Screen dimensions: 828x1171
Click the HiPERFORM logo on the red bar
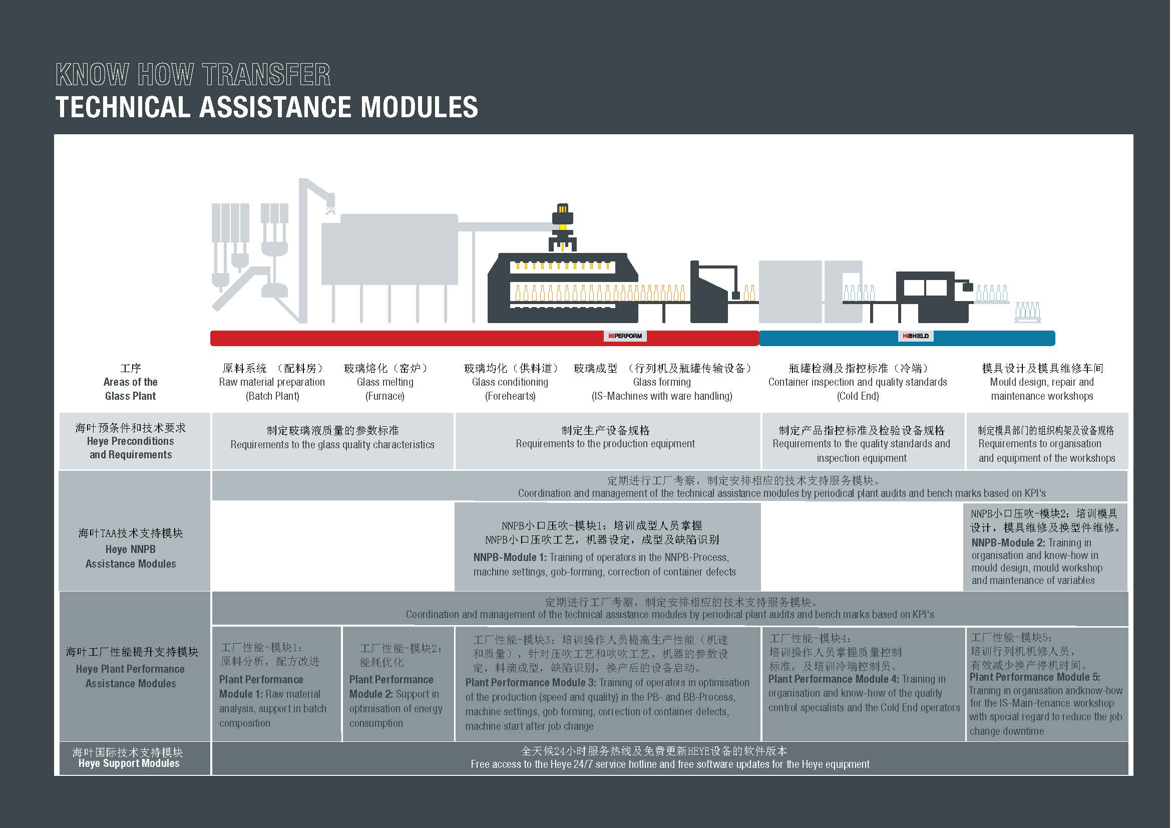tap(625, 336)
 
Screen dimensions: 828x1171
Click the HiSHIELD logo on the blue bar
tap(916, 336)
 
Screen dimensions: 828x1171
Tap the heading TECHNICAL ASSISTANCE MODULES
tap(266, 107)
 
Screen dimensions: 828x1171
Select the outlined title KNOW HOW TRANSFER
tap(193, 75)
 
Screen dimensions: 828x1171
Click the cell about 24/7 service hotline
tap(669, 758)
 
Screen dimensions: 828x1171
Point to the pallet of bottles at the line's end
tap(1027, 312)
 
